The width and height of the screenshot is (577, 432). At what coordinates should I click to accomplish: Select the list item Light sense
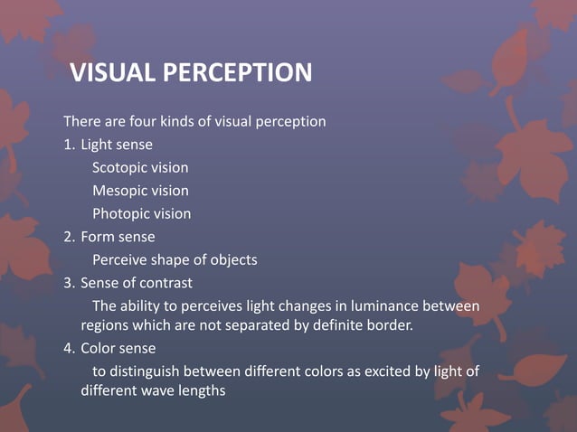click(x=117, y=145)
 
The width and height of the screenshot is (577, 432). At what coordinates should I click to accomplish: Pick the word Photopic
click(x=120, y=214)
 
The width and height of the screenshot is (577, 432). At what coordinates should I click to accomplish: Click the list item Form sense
click(x=118, y=237)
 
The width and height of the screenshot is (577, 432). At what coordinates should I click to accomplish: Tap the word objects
click(x=232, y=260)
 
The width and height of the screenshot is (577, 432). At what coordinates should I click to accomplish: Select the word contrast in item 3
click(x=166, y=283)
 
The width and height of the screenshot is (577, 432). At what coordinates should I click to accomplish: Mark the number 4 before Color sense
click(x=68, y=348)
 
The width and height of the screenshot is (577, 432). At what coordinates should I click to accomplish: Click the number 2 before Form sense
click(x=68, y=237)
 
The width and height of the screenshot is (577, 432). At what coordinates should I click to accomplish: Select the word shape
click(x=172, y=260)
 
